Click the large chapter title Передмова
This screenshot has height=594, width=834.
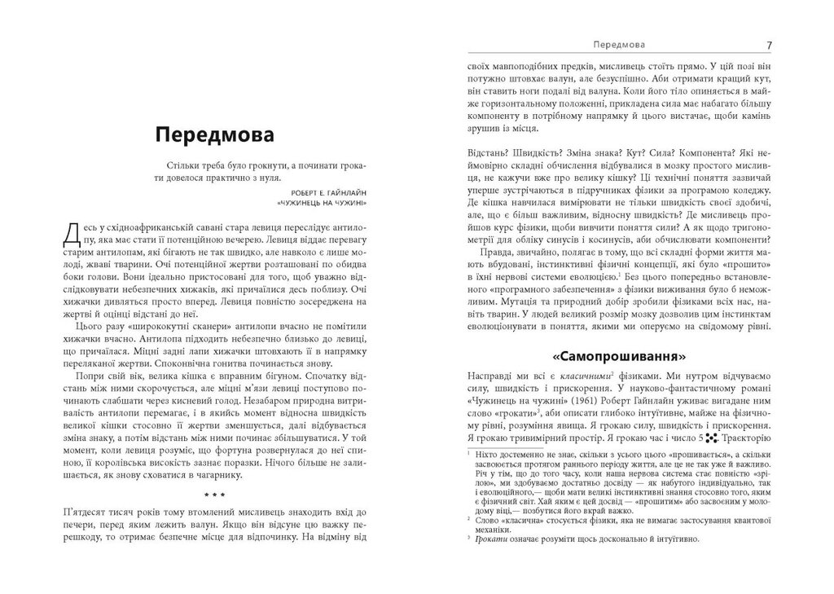coord(215,133)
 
